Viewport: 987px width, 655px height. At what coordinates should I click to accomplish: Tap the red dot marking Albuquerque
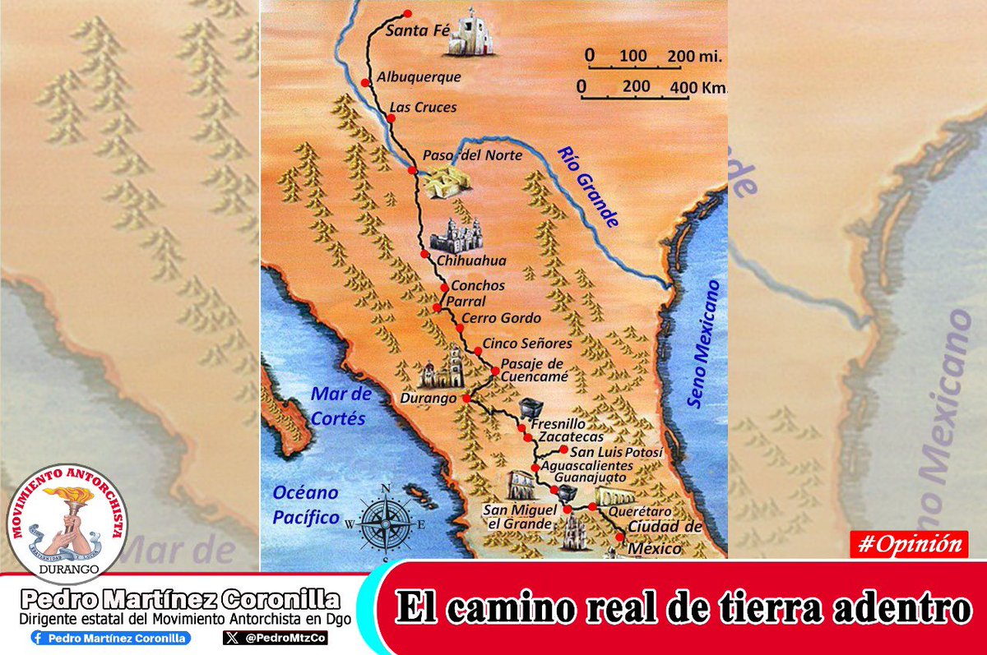[365, 82]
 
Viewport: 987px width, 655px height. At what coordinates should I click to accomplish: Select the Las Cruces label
[423, 107]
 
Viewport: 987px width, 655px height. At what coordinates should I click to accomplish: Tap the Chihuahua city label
[470, 261]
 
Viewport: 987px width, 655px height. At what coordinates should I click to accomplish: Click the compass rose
[386, 523]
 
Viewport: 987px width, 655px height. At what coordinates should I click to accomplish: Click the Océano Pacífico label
[306, 505]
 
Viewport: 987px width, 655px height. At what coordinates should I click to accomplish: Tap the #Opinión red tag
[909, 544]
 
